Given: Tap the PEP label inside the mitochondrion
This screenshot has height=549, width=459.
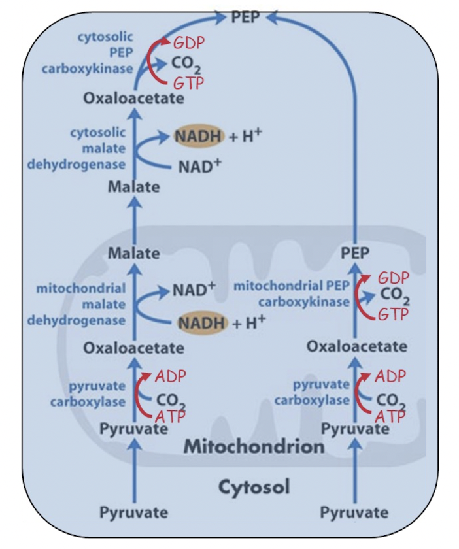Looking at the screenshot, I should pyautogui.click(x=356, y=252).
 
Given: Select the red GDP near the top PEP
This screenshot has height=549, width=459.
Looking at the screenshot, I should pyautogui.click(x=189, y=43).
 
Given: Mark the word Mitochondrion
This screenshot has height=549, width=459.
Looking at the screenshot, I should pyautogui.click(x=254, y=447).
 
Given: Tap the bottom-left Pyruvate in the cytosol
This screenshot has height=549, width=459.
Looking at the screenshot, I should pyautogui.click(x=133, y=512).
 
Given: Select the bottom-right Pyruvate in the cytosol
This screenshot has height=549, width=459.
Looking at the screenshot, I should pyautogui.click(x=354, y=512).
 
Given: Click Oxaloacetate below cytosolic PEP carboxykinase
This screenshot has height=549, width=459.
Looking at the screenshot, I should pyautogui.click(x=133, y=99).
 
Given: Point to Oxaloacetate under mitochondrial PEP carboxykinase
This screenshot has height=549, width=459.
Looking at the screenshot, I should pyautogui.click(x=356, y=346).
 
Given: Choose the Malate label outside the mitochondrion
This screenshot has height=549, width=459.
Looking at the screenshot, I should pyautogui.click(x=133, y=187).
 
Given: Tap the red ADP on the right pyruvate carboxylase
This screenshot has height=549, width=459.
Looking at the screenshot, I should pyautogui.click(x=390, y=376).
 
